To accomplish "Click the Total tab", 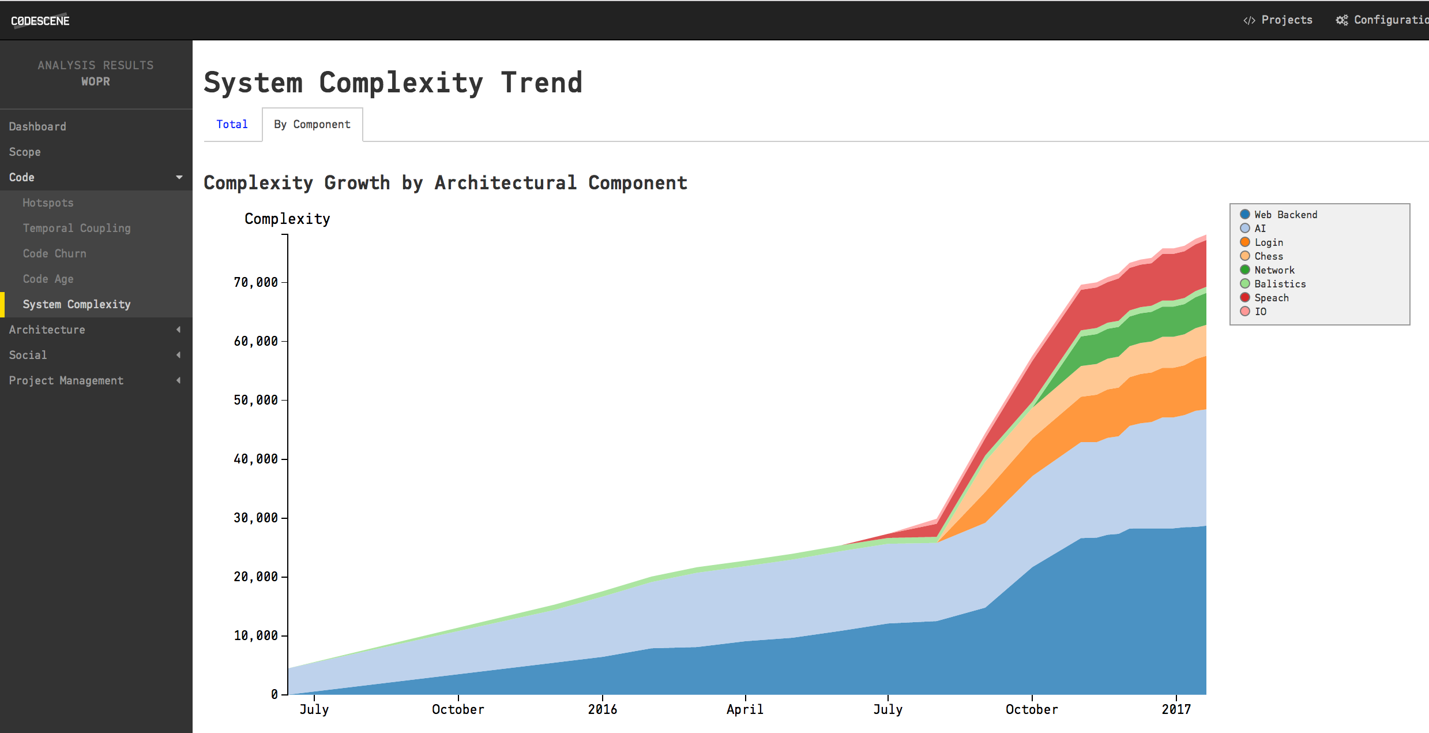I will tap(232, 124).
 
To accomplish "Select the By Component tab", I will tap(312, 124).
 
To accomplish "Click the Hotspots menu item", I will tap(48, 203).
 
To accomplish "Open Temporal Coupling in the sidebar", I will tap(77, 228).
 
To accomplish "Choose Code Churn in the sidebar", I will tap(55, 253).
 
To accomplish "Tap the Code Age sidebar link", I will tap(48, 279).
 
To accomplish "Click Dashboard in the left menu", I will tap(37, 126).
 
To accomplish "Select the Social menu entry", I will tap(28, 355).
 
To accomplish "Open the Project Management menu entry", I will tap(66, 380).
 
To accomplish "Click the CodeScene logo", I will tap(40, 21).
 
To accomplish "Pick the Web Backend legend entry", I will tap(1285, 215).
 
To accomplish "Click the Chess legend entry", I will tap(1268, 256).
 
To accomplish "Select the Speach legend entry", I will tap(1271, 298).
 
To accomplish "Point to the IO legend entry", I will tap(1260, 312).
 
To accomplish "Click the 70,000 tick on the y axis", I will tap(255, 282).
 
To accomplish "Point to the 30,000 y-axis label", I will tap(255, 518).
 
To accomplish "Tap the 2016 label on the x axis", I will tap(602, 709).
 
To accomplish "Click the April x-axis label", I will tap(744, 709).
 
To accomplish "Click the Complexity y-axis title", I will tap(287, 219).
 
